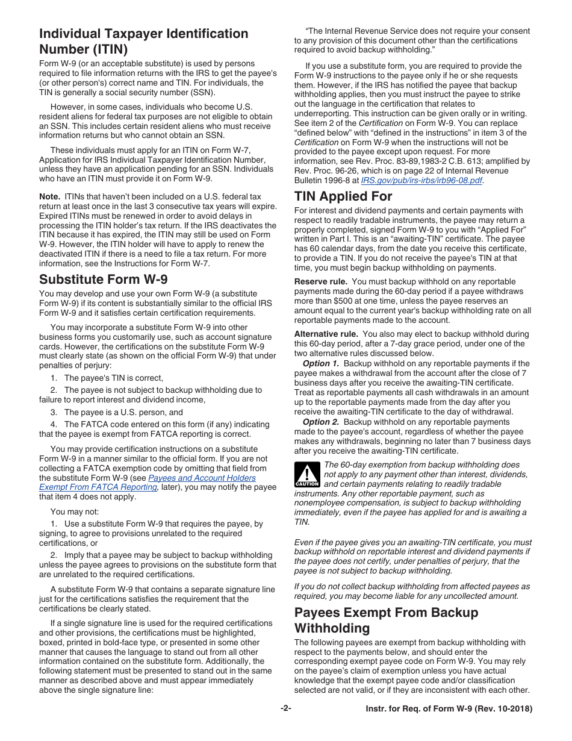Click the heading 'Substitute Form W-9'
click(x=103, y=280)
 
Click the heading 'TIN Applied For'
click(x=343, y=196)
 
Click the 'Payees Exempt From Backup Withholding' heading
click(x=386, y=621)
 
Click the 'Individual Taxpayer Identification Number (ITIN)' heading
click(x=143, y=41)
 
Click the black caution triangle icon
click(x=306, y=474)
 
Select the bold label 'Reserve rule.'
click(x=320, y=281)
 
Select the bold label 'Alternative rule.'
click(x=326, y=334)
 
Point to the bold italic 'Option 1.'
click(x=320, y=363)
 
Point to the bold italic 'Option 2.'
click(x=320, y=422)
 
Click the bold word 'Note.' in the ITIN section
click(x=49, y=196)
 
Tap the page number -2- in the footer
click(x=285, y=709)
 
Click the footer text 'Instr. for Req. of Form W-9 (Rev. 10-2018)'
click(x=449, y=709)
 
